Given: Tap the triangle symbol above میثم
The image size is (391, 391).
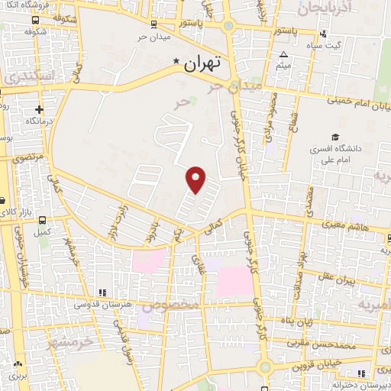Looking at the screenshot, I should click(283, 54).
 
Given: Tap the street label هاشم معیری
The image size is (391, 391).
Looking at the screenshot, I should click(352, 228).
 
